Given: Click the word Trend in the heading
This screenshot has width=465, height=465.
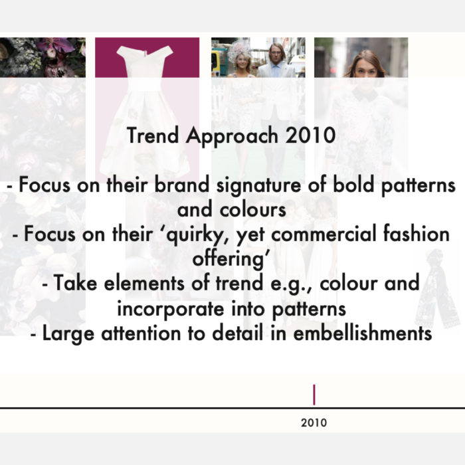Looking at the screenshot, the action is tap(153, 135).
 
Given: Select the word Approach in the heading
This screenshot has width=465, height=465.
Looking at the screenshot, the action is tap(232, 136).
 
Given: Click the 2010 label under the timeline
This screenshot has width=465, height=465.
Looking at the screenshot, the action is tap(314, 422).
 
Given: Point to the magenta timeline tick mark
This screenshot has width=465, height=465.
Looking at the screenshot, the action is tap(314, 395).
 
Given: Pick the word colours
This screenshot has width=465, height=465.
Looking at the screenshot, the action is tap(253, 210).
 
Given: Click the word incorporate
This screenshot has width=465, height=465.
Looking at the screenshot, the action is tap(171, 310).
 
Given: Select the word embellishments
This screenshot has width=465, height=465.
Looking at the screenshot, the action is tap(363, 333).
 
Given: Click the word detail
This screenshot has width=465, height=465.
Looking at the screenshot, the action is tap(238, 333).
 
